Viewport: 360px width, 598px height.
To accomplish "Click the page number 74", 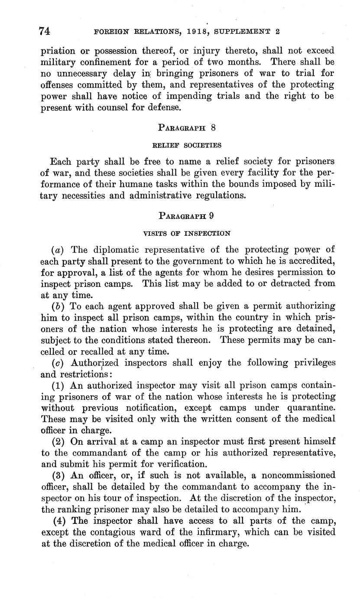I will (x=45, y=31).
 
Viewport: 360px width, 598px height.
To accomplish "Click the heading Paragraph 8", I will (x=187, y=127).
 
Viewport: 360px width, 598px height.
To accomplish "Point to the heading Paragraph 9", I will (x=186, y=215).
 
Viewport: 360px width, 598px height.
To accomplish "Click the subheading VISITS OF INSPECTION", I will (x=187, y=233).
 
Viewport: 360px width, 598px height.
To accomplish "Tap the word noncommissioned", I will (x=293, y=475).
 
